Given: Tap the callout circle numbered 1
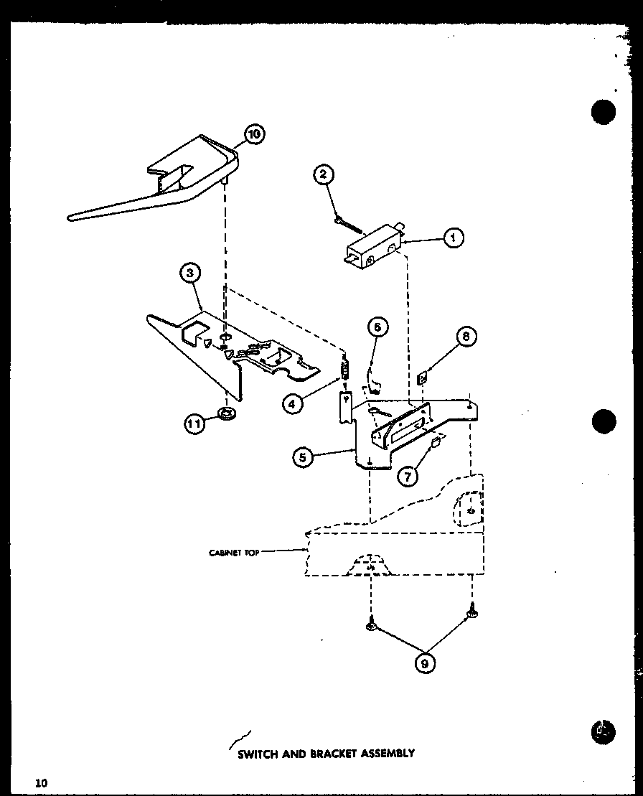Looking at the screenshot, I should click(x=453, y=238).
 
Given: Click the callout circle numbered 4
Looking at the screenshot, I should click(x=291, y=403).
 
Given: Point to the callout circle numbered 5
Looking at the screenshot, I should click(x=303, y=456).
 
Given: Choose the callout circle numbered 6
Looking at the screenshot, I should click(x=378, y=327).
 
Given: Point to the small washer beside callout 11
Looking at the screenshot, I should click(x=227, y=413).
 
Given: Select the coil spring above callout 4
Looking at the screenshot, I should click(x=344, y=370).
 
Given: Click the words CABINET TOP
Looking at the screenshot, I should click(x=233, y=552).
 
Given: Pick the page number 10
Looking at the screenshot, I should click(x=39, y=782).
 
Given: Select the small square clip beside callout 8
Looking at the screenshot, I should click(x=423, y=376).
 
